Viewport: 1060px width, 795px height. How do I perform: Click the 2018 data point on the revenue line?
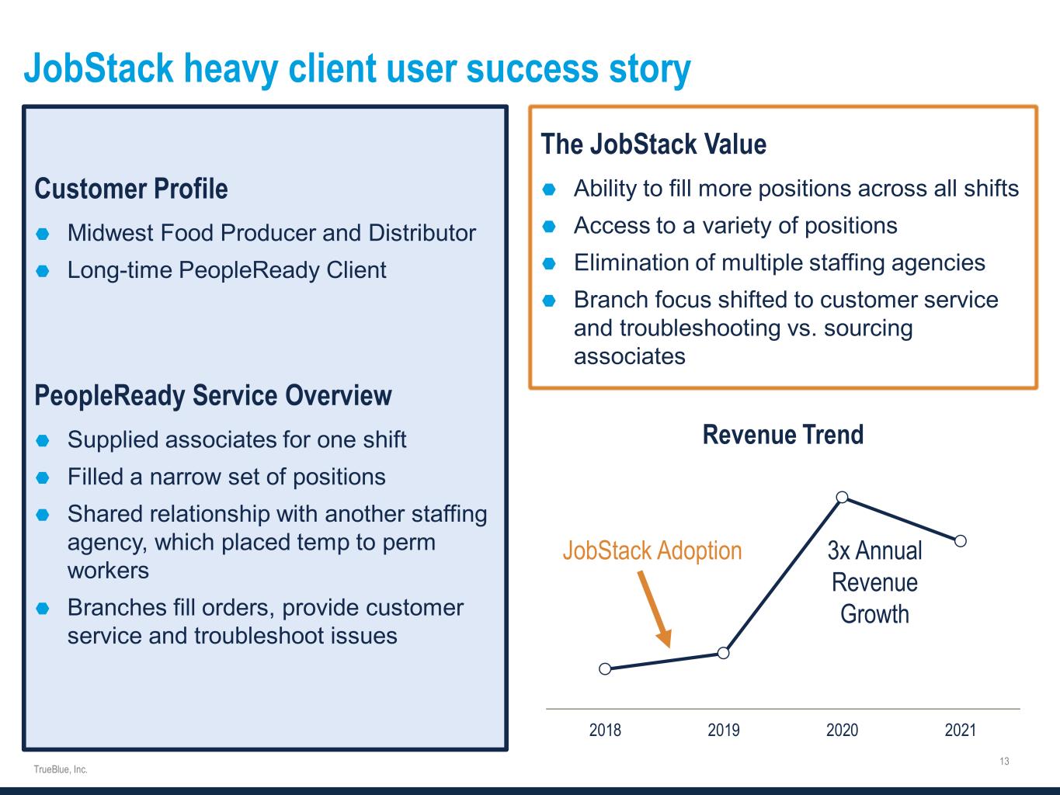pos(605,668)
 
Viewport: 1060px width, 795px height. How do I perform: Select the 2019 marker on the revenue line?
pos(724,653)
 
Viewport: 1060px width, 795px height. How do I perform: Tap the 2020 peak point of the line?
pos(843,497)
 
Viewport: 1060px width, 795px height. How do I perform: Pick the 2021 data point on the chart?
pos(961,541)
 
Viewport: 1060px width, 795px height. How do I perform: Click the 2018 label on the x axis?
pos(605,730)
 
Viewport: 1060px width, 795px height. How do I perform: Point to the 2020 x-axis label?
pos(843,730)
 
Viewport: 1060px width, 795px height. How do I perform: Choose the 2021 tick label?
pos(961,730)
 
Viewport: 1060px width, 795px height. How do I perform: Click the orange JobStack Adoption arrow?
pos(655,609)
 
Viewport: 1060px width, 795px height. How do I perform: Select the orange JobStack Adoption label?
pos(652,550)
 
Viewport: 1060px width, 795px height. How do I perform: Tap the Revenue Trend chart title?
pos(783,435)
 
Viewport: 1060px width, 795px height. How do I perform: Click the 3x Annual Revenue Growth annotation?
pos(874,582)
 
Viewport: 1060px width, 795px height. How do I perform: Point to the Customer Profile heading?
pos(131,189)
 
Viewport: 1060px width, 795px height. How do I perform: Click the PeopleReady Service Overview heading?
pos(213,396)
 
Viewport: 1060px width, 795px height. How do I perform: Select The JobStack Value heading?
pos(653,144)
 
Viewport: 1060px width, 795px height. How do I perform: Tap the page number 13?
pos(1004,761)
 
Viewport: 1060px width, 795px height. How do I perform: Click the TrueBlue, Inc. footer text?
pos(61,769)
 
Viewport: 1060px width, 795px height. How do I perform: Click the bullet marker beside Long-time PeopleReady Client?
pos(43,271)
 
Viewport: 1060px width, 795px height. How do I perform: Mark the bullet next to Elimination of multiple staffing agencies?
pos(549,263)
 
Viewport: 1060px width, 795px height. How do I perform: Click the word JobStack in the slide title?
pos(99,69)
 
